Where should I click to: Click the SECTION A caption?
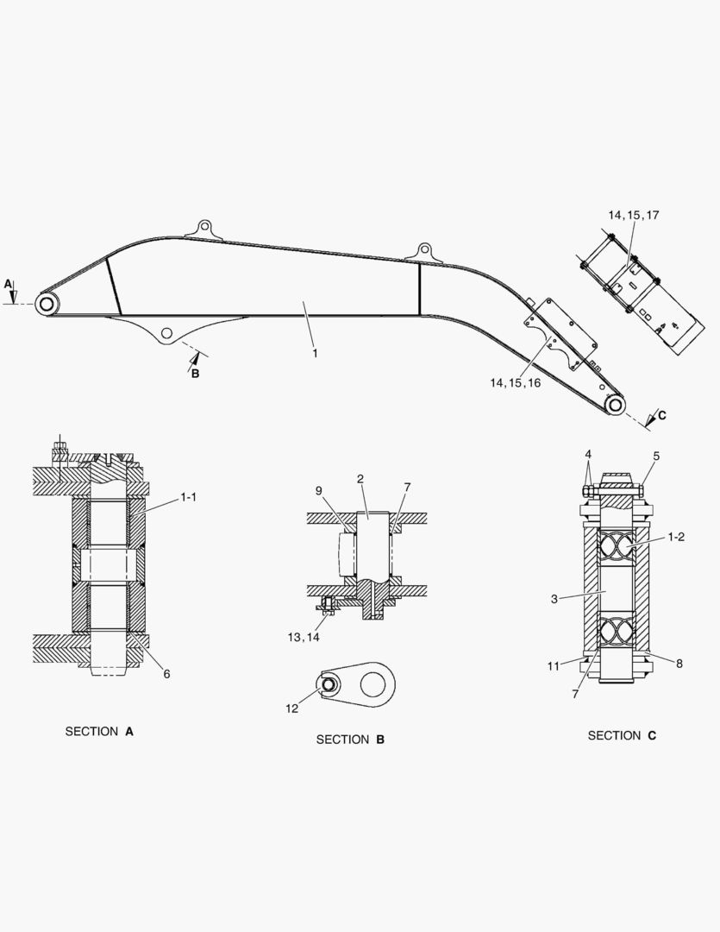click(x=99, y=732)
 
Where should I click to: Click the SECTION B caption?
click(x=350, y=740)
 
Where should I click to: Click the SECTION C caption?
click(x=622, y=736)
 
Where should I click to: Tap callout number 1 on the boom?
click(x=315, y=354)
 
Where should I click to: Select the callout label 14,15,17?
click(x=633, y=215)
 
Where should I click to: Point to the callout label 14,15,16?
click(x=515, y=382)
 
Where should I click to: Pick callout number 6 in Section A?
click(x=166, y=674)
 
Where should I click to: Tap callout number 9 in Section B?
click(x=318, y=490)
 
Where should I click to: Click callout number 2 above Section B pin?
click(x=360, y=478)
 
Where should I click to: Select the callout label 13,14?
click(x=303, y=638)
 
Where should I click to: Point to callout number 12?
click(x=292, y=708)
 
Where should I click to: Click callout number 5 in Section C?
click(x=655, y=456)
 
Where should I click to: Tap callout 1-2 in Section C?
click(x=676, y=537)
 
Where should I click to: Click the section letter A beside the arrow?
click(x=8, y=283)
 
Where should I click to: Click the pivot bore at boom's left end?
click(x=47, y=303)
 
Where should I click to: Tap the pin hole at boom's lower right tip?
click(x=615, y=405)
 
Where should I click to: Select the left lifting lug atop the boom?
click(x=204, y=228)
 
